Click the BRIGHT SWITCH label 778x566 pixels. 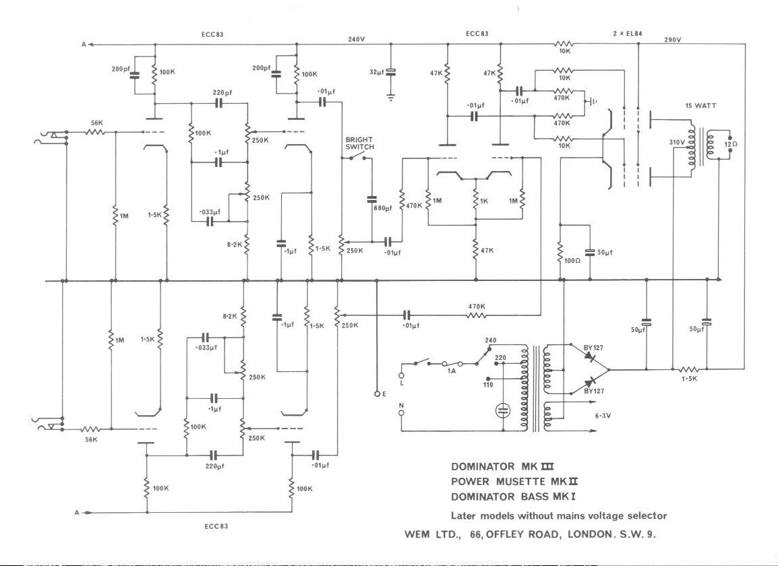click(x=359, y=143)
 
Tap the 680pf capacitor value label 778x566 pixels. click(x=382, y=208)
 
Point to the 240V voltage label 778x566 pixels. click(x=357, y=39)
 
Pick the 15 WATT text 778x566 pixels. click(x=700, y=105)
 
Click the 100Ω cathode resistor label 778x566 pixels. click(x=572, y=259)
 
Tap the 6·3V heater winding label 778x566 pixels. click(x=603, y=416)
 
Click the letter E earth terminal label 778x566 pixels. click(x=384, y=394)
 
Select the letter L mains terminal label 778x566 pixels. click(x=401, y=383)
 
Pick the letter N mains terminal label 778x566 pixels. click(x=401, y=406)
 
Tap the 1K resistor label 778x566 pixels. click(x=484, y=200)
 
